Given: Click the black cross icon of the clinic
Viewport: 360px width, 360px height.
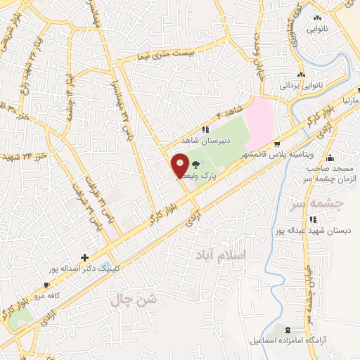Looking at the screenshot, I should (85, 258).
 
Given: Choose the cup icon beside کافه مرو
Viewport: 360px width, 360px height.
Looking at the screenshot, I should (46, 285).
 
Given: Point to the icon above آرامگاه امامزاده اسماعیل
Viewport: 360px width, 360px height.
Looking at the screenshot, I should (287, 329).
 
